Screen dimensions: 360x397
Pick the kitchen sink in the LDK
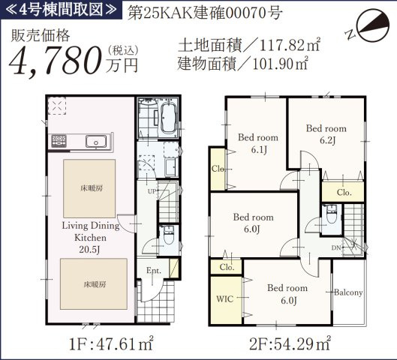click(96, 142)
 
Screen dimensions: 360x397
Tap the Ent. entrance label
click(154, 271)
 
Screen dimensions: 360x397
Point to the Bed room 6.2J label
click(326, 133)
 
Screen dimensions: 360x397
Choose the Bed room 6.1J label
click(257, 142)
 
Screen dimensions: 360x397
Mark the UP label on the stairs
click(151, 192)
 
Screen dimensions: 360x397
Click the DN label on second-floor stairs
click(337, 247)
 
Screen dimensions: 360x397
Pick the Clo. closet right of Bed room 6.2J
click(344, 192)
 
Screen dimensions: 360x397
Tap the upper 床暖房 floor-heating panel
click(89, 187)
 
